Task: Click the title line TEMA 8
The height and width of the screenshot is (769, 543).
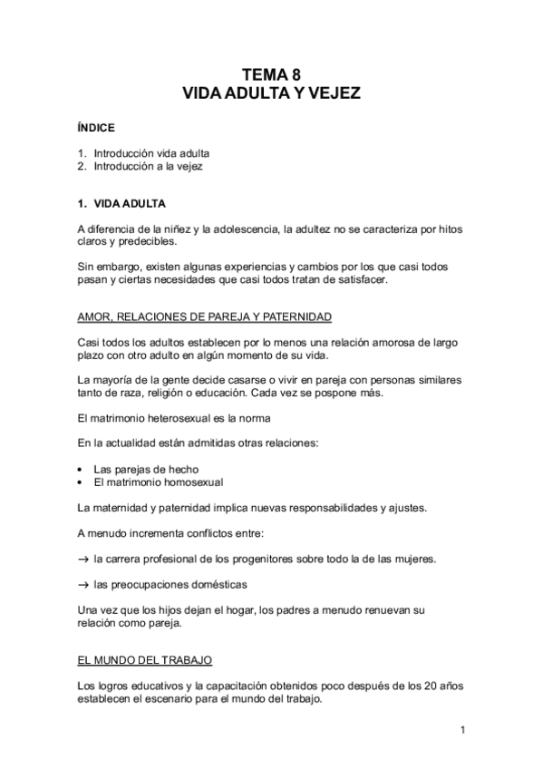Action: coord(271,76)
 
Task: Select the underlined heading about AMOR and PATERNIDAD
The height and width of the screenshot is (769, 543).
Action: coord(205,316)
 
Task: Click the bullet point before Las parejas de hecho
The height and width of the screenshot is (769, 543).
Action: coord(82,470)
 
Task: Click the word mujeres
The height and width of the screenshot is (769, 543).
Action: coord(412,559)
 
